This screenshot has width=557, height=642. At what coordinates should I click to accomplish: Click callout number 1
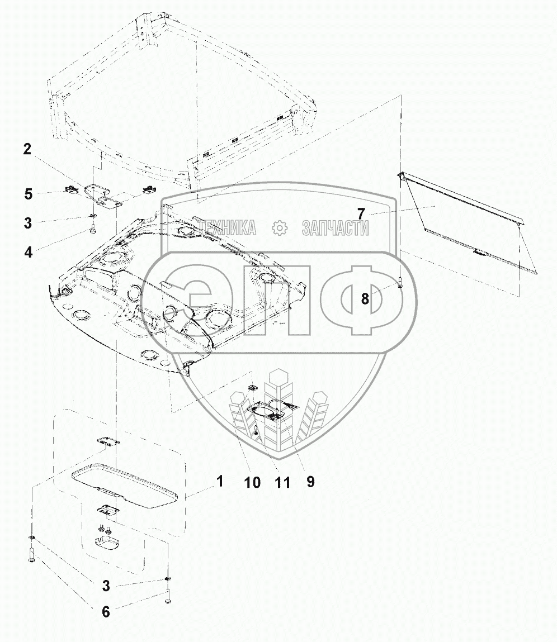click(220, 481)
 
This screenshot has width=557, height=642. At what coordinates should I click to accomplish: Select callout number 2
click(27, 149)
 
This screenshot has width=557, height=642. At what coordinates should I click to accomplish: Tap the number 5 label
click(27, 194)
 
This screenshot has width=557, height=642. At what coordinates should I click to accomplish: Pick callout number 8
click(365, 299)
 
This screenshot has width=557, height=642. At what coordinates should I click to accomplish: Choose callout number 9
click(310, 481)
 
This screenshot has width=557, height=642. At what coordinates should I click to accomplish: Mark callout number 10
click(253, 482)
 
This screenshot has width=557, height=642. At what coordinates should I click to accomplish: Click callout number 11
click(282, 482)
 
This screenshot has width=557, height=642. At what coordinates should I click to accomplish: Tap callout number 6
click(106, 611)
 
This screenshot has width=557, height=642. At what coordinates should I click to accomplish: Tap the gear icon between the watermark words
click(278, 228)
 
